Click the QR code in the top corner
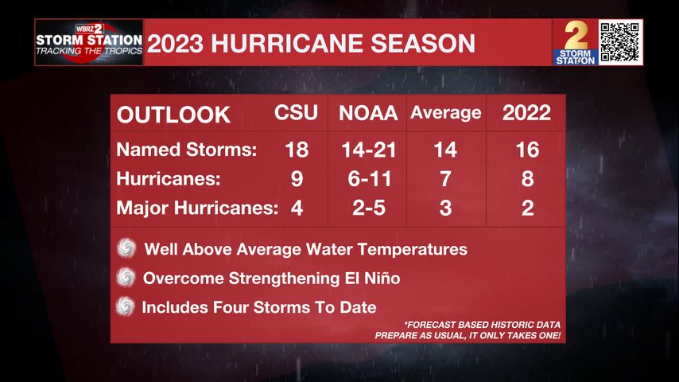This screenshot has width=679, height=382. click(x=620, y=41)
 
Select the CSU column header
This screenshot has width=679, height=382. click(x=296, y=113)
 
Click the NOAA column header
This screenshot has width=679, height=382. click(x=367, y=114)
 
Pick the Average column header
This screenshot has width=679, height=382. click(x=445, y=113)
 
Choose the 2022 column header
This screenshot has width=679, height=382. click(x=526, y=113)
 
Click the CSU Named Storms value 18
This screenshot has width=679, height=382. click(x=296, y=150)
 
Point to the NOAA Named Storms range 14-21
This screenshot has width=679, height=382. click(x=367, y=150)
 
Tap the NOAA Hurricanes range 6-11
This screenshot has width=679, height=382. click(x=367, y=179)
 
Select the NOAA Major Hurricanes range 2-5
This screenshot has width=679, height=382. click(x=367, y=209)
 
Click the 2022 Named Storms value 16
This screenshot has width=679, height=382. click(x=526, y=150)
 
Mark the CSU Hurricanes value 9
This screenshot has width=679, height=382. click(x=296, y=179)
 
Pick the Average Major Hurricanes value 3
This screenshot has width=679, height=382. click(x=445, y=209)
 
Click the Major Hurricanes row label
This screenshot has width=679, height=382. click(x=196, y=209)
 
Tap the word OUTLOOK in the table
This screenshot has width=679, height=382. click(x=173, y=115)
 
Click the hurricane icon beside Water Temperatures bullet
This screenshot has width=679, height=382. click(x=126, y=248)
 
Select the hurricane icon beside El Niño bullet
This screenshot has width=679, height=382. click(x=126, y=277)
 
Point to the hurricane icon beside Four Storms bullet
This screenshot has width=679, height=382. click(x=126, y=306)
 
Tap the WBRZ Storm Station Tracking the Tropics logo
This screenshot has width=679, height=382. click(x=88, y=43)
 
